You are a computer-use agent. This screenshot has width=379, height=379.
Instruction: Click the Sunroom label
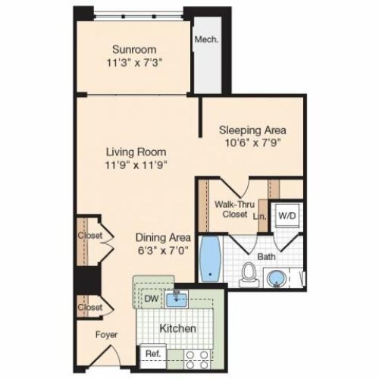pyautogui.click(x=134, y=49)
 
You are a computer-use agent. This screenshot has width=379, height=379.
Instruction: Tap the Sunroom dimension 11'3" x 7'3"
pyautogui.click(x=134, y=63)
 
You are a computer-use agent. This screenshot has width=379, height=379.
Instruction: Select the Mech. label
pyautogui.click(x=206, y=39)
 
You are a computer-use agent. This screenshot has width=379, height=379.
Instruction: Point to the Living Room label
pyautogui.click(x=136, y=152)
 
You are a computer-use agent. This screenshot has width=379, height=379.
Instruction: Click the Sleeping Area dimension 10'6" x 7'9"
pyautogui.click(x=253, y=143)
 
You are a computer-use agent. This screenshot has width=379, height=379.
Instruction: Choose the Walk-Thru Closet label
pyautogui.click(x=234, y=209)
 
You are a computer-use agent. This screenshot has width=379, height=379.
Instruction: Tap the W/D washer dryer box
pyautogui.click(x=287, y=216)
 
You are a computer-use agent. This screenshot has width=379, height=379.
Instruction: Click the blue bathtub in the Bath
pyautogui.click(x=210, y=258)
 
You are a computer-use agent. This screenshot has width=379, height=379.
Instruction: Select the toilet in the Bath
pyautogui.click(x=249, y=274)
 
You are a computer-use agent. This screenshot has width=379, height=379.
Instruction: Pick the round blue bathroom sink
pyautogui.click(x=277, y=278)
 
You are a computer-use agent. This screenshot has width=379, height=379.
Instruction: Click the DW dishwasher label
pyautogui.click(x=152, y=299)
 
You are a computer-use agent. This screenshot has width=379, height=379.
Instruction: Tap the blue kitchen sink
pyautogui.click(x=177, y=299)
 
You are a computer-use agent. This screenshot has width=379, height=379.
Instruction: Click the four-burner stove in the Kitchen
pyautogui.click(x=197, y=360)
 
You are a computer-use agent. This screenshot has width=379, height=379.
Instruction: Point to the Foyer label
pyautogui.click(x=106, y=335)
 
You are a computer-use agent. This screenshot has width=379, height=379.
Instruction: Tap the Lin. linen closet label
pyautogui.click(x=260, y=217)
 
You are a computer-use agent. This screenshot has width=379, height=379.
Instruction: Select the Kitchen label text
pyautogui.click(x=178, y=328)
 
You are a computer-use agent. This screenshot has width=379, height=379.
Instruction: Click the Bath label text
pyautogui.click(x=266, y=257)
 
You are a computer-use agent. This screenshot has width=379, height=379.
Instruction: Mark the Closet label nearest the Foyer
pyautogui.click(x=90, y=308)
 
